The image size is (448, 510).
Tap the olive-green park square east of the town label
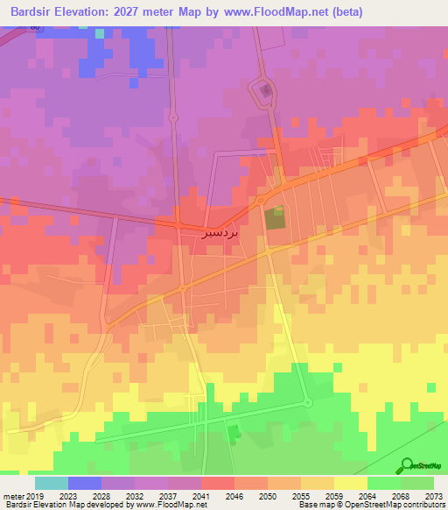click(x=275, y=219)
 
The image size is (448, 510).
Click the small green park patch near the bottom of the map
click(x=233, y=434)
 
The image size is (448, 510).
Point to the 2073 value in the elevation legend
click(x=434, y=495)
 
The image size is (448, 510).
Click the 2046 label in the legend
click(x=234, y=495)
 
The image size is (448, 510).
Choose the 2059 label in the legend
click(x=334, y=495)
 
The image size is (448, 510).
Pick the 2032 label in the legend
click(x=135, y=495)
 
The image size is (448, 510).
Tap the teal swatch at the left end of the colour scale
click(x=51, y=483)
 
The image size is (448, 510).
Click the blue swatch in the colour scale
click(x=84, y=483)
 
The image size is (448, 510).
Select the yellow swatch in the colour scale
click(x=350, y=483)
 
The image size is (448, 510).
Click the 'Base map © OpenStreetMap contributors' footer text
click(x=370, y=505)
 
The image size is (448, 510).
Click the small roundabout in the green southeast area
click(x=308, y=403)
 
